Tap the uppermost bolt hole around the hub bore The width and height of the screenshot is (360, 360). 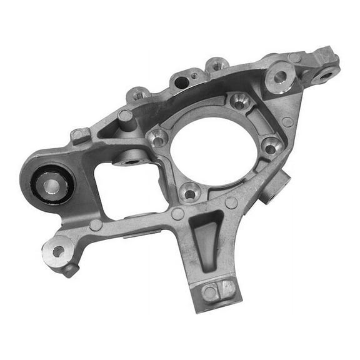coord(241,100)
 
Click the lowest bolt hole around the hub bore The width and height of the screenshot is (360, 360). coord(189,191)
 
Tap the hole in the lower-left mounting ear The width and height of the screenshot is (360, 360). coord(57,251)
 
